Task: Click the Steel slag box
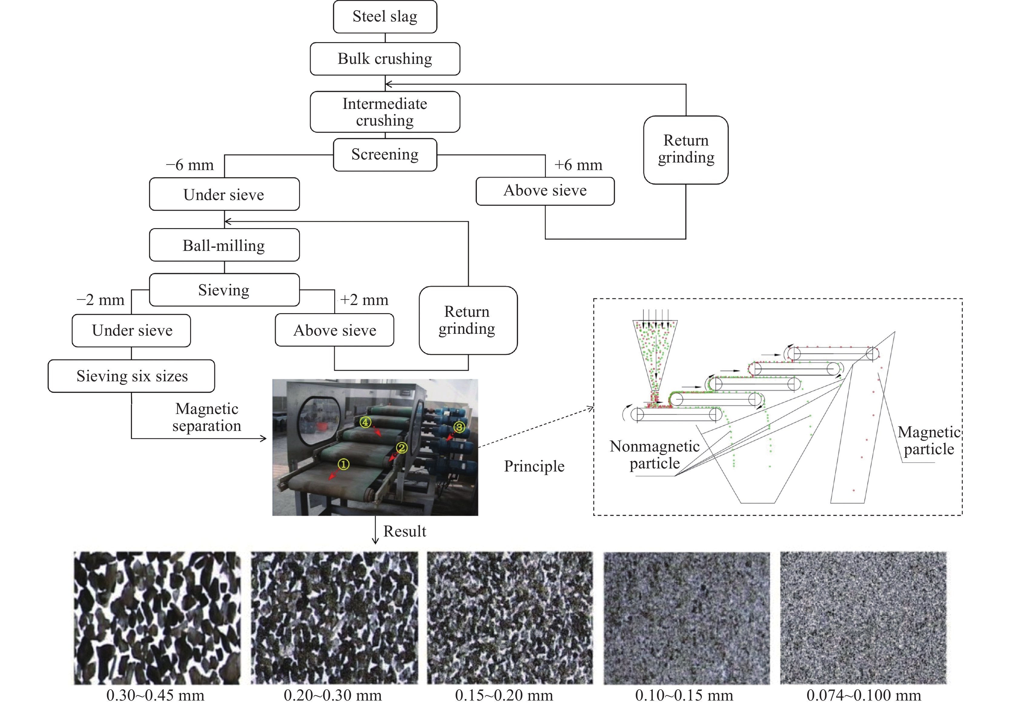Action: pyautogui.click(x=385, y=17)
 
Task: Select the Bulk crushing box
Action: pyautogui.click(x=385, y=59)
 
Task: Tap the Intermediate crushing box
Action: pyautogui.click(x=385, y=112)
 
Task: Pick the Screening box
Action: pyautogui.click(x=385, y=155)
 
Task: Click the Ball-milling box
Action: pyautogui.click(x=224, y=245)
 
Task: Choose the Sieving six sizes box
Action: pyautogui.click(x=131, y=376)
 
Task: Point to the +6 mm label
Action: pyautogui.click(x=578, y=165)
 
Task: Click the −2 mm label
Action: pyautogui.click(x=101, y=300)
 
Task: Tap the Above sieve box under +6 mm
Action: pyautogui.click(x=545, y=191)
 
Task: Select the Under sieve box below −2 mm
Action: pyautogui.click(x=131, y=330)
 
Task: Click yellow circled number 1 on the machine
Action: pyautogui.click(x=343, y=464)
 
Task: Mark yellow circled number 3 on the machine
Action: pyautogui.click(x=459, y=427)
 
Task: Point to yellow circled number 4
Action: pyautogui.click(x=365, y=422)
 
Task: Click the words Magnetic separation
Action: pyautogui.click(x=206, y=417)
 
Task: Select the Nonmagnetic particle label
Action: pyautogui.click(x=654, y=455)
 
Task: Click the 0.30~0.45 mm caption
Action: pyautogui.click(x=155, y=695)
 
